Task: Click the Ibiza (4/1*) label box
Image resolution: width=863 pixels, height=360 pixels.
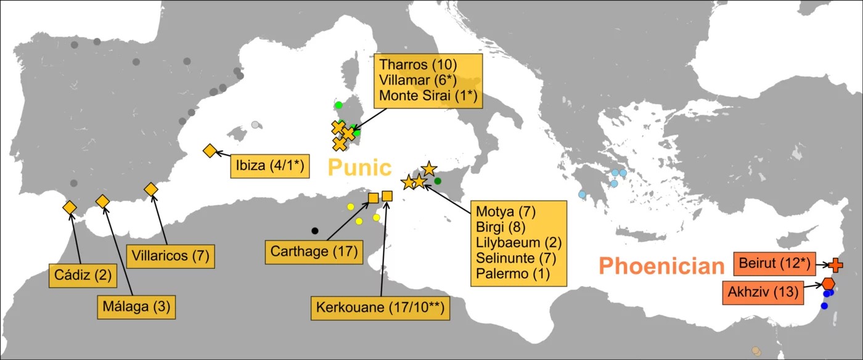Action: [270, 166]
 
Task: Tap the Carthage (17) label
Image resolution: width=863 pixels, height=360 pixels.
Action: [314, 252]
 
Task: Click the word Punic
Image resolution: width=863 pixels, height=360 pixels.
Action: [359, 168]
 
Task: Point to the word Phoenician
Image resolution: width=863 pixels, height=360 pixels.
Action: [661, 266]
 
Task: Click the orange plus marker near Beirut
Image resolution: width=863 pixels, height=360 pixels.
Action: [835, 265]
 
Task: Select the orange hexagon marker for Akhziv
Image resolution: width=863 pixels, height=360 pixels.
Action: [828, 284]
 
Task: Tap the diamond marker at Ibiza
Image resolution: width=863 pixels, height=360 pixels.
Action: [210, 151]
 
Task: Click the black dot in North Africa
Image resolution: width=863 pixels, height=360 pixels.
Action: [315, 231]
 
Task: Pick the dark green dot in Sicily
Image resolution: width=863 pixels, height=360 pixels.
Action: [438, 181]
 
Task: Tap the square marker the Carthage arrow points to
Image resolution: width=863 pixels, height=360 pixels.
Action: [373, 198]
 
